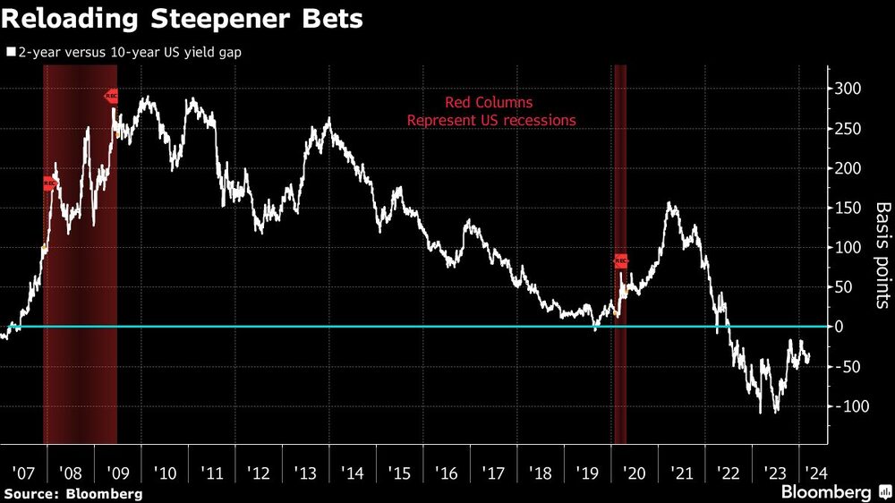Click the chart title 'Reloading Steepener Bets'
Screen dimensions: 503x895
(x=183, y=20)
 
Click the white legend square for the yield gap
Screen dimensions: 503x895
(x=10, y=52)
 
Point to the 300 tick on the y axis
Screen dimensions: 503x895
(x=848, y=89)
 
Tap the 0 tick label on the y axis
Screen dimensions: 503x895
(x=840, y=327)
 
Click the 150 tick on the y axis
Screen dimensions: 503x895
(x=848, y=208)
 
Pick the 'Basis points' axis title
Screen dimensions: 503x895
(x=882, y=254)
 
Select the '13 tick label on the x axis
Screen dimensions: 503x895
(x=304, y=472)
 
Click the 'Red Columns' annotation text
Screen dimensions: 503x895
(x=489, y=103)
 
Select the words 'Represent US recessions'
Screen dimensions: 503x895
(x=491, y=120)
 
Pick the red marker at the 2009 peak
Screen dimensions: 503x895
(x=112, y=96)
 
